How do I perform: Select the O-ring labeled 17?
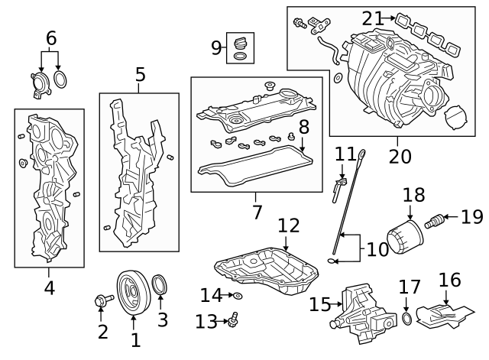click(406, 318)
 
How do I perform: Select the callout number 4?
click(49, 288)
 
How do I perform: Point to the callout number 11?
click(346, 155)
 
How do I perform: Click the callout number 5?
click(140, 74)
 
